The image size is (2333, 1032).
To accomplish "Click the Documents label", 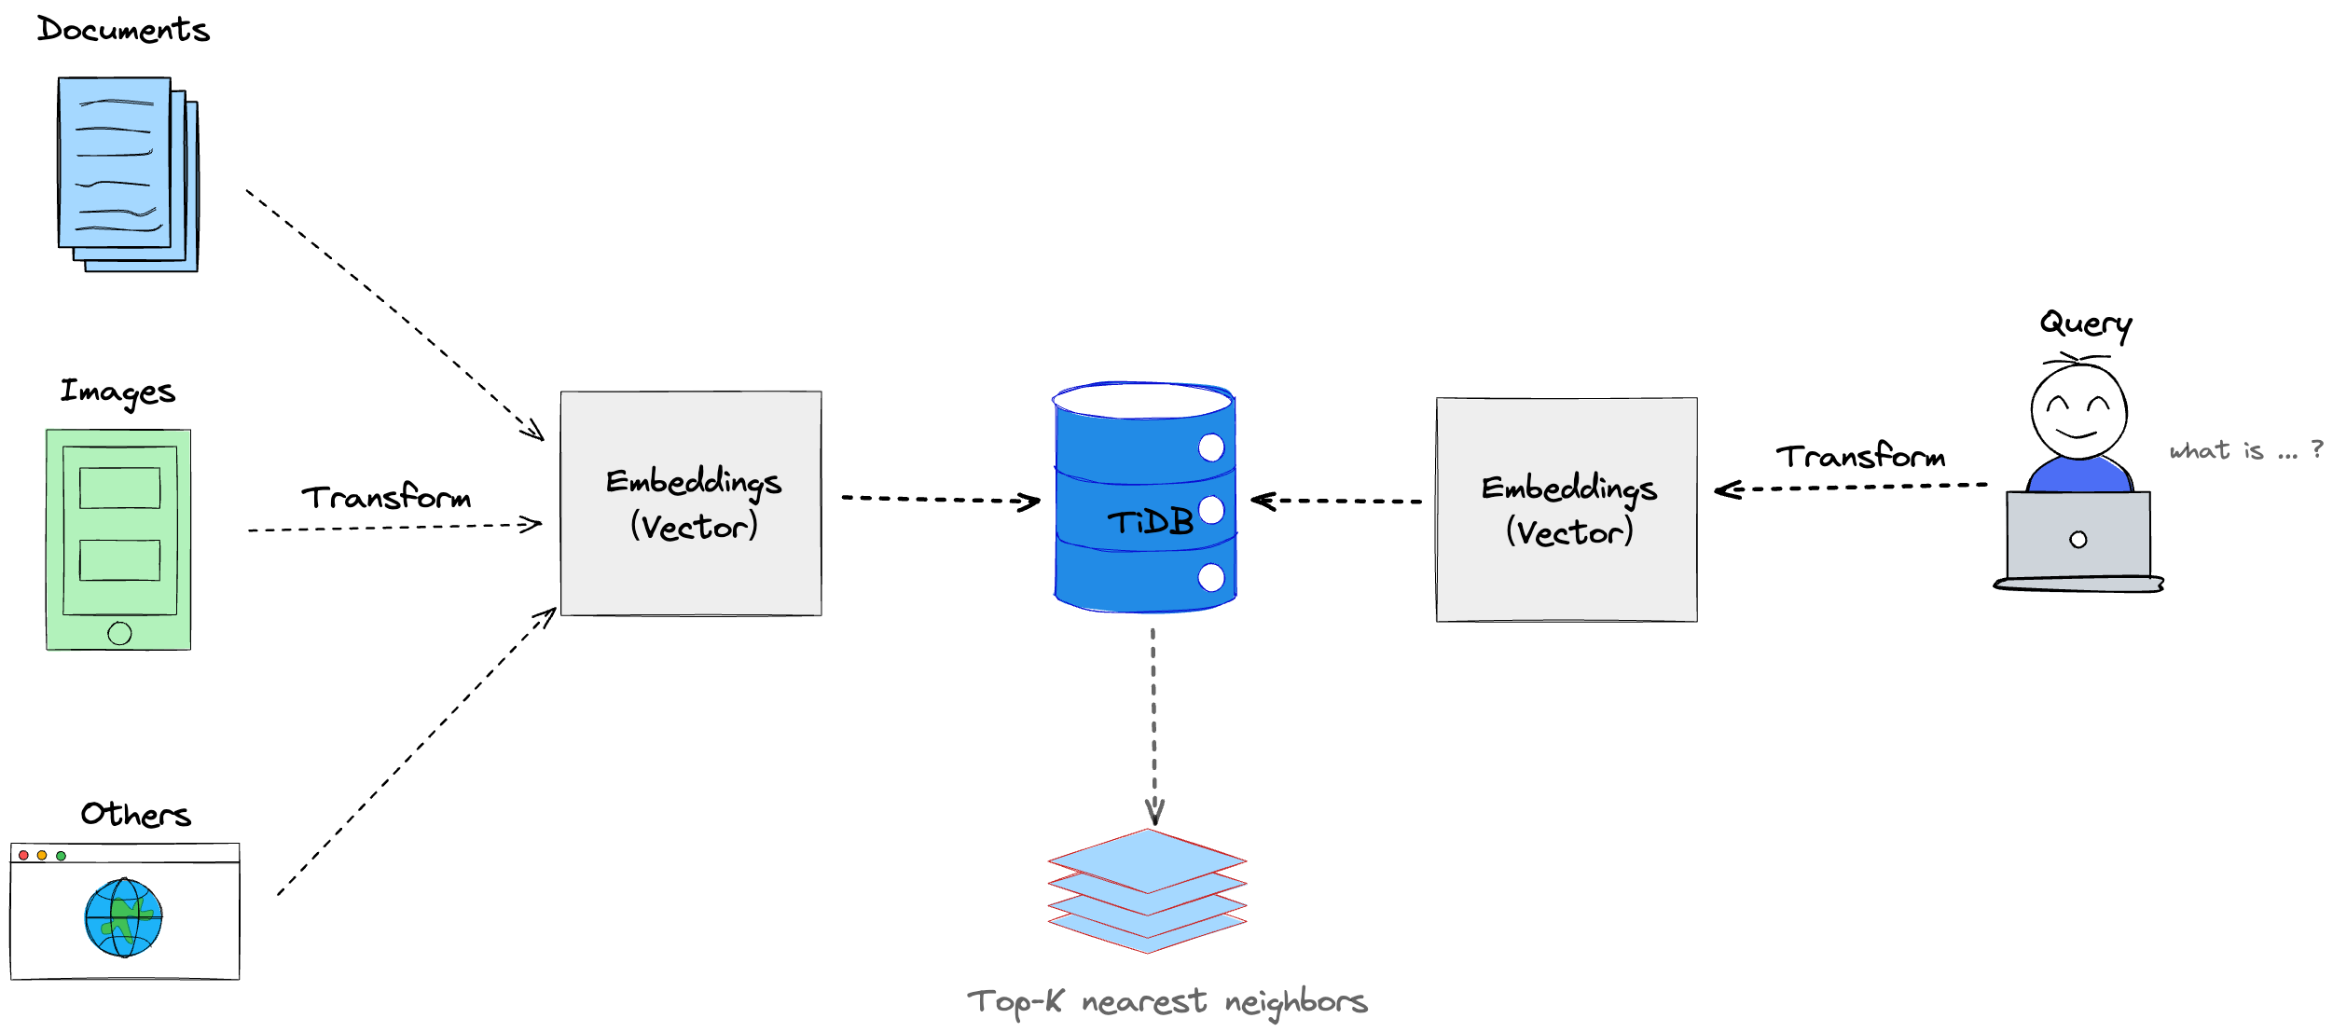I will click(x=123, y=30).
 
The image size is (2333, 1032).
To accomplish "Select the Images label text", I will click(x=117, y=392).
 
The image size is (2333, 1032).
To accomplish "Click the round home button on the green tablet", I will click(x=119, y=633).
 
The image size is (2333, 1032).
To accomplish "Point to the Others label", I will click(x=136, y=814).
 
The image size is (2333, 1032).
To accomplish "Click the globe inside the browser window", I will click(x=123, y=917).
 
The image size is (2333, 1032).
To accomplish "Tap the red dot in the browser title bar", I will click(x=23, y=855).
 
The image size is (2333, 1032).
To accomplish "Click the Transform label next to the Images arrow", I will click(x=386, y=497).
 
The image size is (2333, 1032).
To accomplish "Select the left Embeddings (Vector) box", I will click(x=691, y=503).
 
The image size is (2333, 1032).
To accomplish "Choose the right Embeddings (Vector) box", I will click(x=1567, y=510).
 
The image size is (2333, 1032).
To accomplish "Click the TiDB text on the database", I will click(x=1150, y=522).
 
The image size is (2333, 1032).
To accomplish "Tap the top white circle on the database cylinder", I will click(x=1210, y=447).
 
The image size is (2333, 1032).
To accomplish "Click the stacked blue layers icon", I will click(x=1147, y=890).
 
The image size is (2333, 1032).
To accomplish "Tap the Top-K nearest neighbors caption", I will click(x=1166, y=1002).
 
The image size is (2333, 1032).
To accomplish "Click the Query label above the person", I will click(x=2085, y=323).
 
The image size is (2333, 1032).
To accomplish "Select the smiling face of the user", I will click(x=2078, y=411).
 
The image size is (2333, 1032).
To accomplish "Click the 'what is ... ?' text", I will click(x=2245, y=451).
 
